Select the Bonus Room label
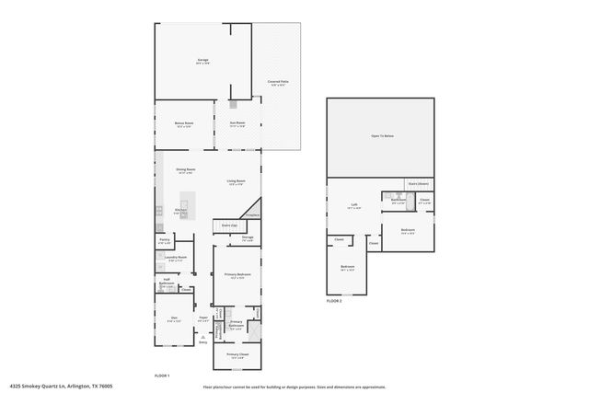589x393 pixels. (184, 123)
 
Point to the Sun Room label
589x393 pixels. (237, 123)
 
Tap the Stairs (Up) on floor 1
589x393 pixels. (229, 225)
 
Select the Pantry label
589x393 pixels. (164, 240)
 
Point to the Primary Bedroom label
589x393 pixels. (237, 275)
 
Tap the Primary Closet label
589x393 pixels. (237, 354)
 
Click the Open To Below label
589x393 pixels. (382, 135)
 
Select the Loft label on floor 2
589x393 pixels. (354, 206)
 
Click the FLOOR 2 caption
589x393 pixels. (334, 301)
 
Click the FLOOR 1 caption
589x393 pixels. (162, 376)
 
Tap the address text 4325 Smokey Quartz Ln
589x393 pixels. (55, 387)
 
